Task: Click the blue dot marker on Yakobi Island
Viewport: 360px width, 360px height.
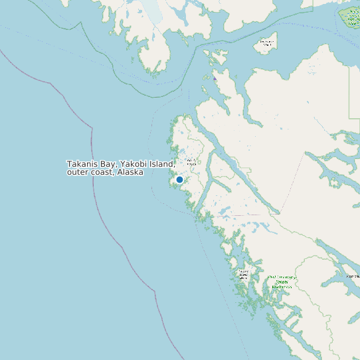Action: pos(179,179)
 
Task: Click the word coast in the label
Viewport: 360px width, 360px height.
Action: pos(103,173)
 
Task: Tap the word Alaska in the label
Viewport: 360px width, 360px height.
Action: pos(131,173)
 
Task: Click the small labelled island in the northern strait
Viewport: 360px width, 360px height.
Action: pos(266,44)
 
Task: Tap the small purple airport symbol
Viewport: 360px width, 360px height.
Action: pos(215,78)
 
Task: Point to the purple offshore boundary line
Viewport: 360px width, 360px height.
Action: pos(93,146)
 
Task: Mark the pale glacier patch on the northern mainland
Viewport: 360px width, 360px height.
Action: pos(153,11)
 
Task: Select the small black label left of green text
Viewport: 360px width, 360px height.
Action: pos(244,274)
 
